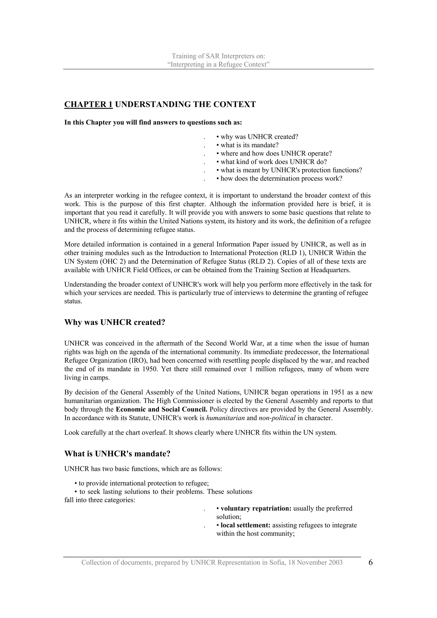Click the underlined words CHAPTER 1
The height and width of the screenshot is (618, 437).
[88, 104]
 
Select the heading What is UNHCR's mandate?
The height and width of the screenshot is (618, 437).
[117, 454]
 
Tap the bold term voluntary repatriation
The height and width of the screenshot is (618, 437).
[256, 508]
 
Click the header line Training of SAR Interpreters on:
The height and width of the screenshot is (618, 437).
[218, 56]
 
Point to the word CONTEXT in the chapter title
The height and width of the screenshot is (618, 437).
[235, 104]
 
